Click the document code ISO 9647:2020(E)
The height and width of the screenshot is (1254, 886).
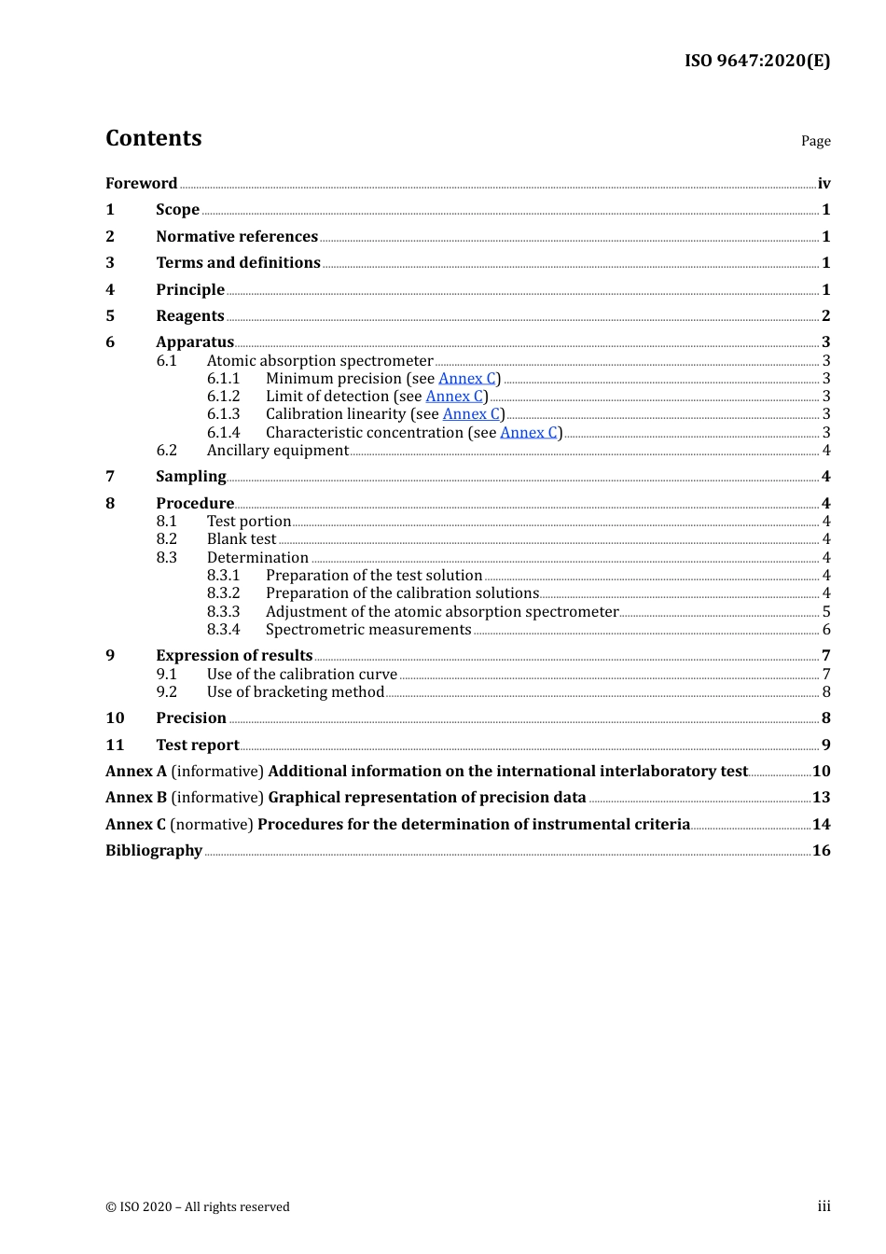coord(756,61)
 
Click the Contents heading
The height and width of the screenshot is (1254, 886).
coord(153,138)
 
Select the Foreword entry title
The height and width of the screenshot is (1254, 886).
coord(141,183)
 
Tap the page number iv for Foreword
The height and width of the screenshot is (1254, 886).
coord(824,183)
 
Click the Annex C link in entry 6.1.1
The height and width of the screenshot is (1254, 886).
coord(466,378)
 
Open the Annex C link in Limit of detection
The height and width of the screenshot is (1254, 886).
coord(454,396)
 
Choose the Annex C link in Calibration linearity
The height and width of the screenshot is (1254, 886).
coord(471,413)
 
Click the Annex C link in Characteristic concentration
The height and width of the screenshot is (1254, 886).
coord(529,432)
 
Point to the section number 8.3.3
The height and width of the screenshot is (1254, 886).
coord(223,611)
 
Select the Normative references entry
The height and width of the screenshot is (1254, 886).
coord(237,236)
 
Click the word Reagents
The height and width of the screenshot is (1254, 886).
coord(190,315)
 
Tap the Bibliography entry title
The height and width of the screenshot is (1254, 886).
coord(154,850)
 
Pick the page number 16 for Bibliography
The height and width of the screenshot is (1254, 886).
coord(821,850)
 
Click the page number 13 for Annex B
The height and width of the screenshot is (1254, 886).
coord(821,797)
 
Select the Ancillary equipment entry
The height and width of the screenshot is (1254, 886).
coord(277,450)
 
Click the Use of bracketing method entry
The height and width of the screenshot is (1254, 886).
coord(295,691)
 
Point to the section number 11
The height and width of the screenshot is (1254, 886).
coord(115,745)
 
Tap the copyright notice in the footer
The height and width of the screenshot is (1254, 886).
coord(198,1206)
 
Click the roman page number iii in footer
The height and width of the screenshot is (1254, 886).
coord(824,1206)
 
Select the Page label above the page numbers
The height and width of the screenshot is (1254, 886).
coord(815,141)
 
